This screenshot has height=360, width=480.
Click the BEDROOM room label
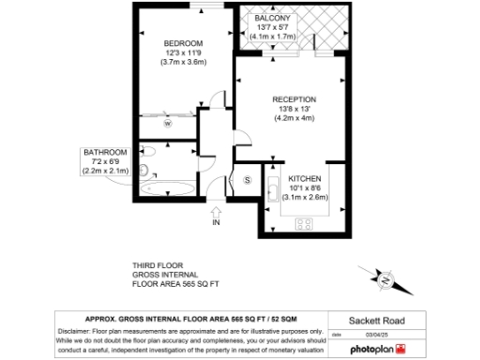pos(183,44)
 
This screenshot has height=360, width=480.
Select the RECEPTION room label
pos(293,99)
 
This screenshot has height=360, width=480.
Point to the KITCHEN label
pos(305,178)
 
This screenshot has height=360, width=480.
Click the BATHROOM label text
pos(105,153)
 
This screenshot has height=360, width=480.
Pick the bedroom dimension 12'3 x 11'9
pos(183,53)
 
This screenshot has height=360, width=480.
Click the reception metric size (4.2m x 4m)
pos(293,119)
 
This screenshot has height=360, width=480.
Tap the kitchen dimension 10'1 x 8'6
pos(305,187)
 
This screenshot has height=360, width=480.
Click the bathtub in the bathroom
pos(168,187)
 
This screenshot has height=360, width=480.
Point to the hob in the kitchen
pos(305,222)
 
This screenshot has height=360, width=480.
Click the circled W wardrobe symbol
pos(169,123)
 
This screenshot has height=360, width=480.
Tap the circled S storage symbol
pos(247,179)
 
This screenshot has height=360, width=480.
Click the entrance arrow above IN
pos(217,210)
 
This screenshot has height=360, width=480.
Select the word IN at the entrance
pos(217,223)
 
